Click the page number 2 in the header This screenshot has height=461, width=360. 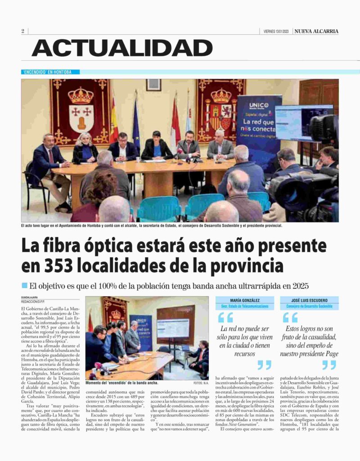pyautogui.click(x=22, y=31)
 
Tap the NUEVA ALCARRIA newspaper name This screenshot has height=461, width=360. pyautogui.click(x=316, y=31)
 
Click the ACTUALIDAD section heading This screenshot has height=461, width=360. pyautogui.click(x=122, y=48)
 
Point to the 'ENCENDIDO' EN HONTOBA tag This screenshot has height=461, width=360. pyautogui.click(x=50, y=72)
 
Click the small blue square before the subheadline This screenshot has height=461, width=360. pyautogui.click(x=24, y=285)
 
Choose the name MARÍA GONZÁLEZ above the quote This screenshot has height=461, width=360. pyautogui.click(x=244, y=300)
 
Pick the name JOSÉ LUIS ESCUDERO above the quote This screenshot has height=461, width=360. pyautogui.click(x=309, y=300)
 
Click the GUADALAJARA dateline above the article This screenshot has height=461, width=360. pyautogui.click(x=30, y=298)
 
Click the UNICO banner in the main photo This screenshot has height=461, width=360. pyautogui.click(x=259, y=119)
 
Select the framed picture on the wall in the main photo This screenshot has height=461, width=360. pyautogui.click(x=153, y=85)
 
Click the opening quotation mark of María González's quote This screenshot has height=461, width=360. pyautogui.click(x=225, y=318)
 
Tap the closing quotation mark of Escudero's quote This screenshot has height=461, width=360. pyautogui.click(x=329, y=365)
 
